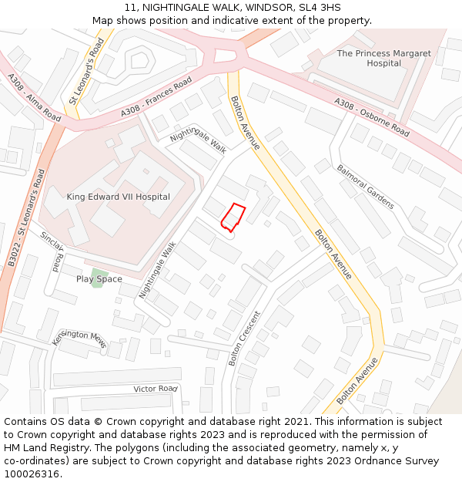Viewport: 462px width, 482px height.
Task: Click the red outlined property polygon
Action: [x=233, y=217]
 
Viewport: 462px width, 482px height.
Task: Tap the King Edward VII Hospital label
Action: [x=118, y=197]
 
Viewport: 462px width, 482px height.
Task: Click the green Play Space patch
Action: [x=97, y=278]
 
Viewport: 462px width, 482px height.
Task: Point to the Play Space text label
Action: [x=99, y=278]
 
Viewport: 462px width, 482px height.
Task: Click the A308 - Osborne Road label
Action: [x=371, y=117]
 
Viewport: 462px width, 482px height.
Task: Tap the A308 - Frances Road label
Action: [x=156, y=98]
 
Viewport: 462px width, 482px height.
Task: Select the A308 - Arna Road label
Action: [x=34, y=97]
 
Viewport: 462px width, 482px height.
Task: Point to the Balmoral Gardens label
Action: [x=365, y=187]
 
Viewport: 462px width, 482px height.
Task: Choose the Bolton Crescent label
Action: [x=245, y=338]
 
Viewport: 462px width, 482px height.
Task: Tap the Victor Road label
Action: [x=156, y=389]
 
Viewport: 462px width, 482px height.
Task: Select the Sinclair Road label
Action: [x=52, y=251]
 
